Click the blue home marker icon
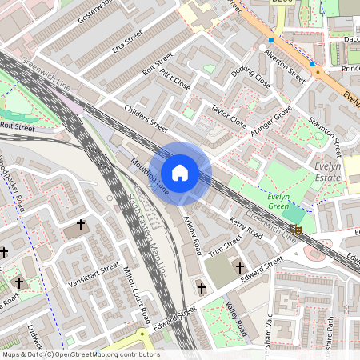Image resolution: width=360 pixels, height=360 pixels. click(180, 173)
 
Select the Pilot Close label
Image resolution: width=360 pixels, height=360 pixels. click(175, 78)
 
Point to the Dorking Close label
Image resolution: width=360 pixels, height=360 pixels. click(250, 79)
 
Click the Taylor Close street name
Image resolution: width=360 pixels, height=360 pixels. click(229, 117)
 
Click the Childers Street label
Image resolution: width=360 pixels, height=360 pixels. click(146, 117)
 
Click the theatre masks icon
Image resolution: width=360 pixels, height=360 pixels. click(297, 230)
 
